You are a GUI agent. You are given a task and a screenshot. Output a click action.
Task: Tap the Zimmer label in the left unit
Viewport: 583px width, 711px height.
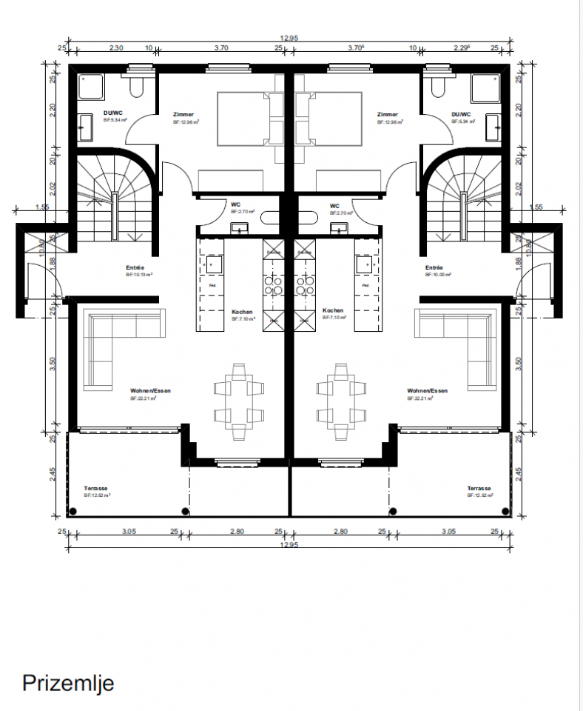click(183, 115)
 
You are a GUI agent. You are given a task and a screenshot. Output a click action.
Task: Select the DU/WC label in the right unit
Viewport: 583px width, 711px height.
click(461, 115)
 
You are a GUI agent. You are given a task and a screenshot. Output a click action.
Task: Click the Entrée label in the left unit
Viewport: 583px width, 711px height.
click(135, 268)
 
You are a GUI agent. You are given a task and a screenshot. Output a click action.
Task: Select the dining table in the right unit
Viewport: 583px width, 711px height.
click(341, 401)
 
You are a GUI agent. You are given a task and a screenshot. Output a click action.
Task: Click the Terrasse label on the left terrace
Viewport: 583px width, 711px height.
click(96, 489)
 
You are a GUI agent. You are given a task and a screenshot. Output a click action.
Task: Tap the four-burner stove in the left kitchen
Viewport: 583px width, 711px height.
click(274, 286)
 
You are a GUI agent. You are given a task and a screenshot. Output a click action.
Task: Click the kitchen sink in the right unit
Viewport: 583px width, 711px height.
click(364, 264)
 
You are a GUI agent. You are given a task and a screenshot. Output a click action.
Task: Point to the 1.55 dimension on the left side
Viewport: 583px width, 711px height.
click(41, 208)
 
